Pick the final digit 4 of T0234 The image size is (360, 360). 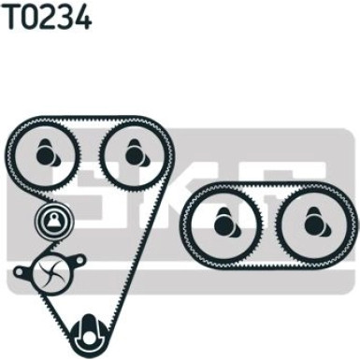[82, 17]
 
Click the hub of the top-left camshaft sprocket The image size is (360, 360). [46, 153]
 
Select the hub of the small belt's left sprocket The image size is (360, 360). [224, 223]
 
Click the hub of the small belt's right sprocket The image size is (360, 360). [314, 223]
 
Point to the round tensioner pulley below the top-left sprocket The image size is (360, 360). [54, 222]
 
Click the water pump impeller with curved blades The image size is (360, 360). [50, 270]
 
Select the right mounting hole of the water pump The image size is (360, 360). [80, 259]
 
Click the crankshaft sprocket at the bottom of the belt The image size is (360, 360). [90, 335]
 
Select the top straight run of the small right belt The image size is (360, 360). [269, 186]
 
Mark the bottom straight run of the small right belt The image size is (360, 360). [269, 266]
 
